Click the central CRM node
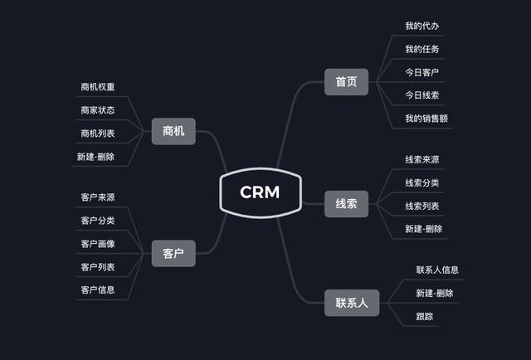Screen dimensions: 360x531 260,192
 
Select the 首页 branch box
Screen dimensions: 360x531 346,82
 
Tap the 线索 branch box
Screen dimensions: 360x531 346,204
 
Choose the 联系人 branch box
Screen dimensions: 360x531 351,303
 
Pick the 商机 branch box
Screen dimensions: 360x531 173,131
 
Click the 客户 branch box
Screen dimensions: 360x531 173,253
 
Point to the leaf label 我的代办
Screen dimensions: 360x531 421,27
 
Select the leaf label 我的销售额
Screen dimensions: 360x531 426,119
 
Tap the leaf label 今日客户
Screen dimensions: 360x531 421,72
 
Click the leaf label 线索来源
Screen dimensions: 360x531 421,160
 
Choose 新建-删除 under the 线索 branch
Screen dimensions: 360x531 423,229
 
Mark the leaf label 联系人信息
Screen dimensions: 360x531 437,270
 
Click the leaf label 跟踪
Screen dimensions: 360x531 424,317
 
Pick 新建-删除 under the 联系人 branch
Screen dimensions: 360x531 434,294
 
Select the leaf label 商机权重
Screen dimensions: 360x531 98,87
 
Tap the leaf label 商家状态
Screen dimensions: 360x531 98,110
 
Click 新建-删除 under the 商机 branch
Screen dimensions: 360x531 95,157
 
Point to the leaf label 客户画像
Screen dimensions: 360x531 98,244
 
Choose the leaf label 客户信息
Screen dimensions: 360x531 98,290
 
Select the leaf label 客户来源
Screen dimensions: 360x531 98,197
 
